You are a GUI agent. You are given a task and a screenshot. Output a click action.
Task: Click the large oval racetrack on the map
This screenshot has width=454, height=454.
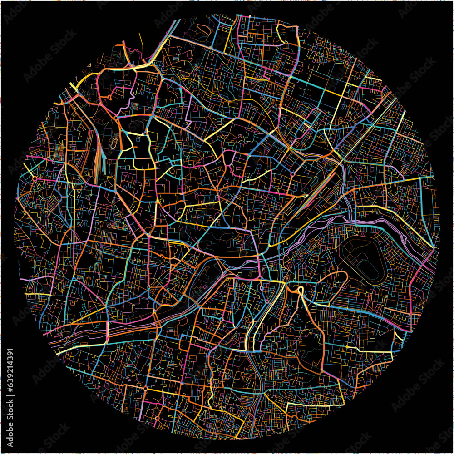[363, 259]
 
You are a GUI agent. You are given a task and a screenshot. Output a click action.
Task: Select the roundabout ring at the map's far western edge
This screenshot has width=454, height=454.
[35, 178]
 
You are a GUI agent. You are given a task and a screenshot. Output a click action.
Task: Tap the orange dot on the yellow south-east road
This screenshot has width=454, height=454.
[347, 347]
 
